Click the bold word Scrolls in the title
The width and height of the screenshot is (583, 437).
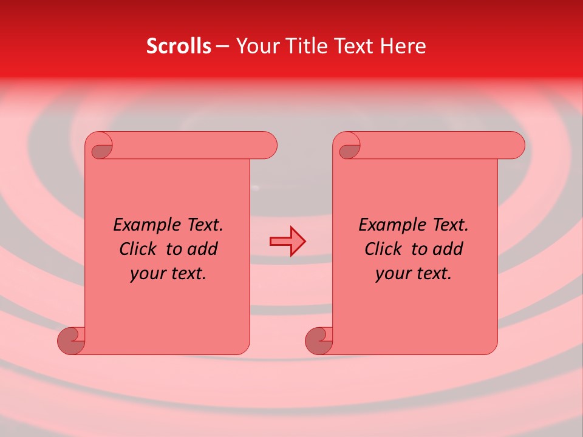coord(179,46)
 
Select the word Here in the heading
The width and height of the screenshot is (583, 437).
coord(403,46)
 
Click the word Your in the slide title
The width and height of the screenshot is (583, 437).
coord(256,46)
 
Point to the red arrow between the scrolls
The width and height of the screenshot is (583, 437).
coord(287,242)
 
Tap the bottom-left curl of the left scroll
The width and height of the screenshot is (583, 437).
coord(70,340)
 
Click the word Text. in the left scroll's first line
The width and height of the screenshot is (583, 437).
coord(202,225)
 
